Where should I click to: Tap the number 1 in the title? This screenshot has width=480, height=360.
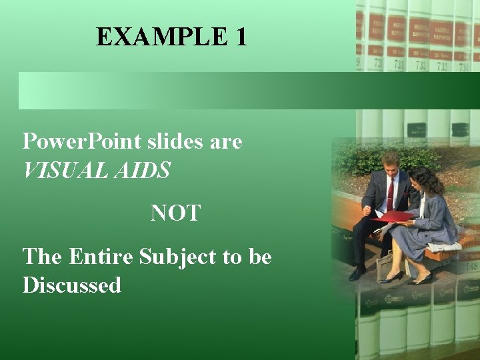[x=241, y=37]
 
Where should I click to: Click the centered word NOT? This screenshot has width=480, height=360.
[x=175, y=213]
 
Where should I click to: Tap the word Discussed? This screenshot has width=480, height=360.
[x=72, y=285]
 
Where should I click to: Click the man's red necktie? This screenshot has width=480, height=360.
[x=390, y=193]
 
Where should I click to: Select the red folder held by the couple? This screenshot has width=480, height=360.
[x=394, y=217]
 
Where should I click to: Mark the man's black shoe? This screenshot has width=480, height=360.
[x=358, y=273]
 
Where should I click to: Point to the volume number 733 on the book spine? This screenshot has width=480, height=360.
[x=442, y=66]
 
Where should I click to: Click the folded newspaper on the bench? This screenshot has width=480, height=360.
[x=445, y=246]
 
